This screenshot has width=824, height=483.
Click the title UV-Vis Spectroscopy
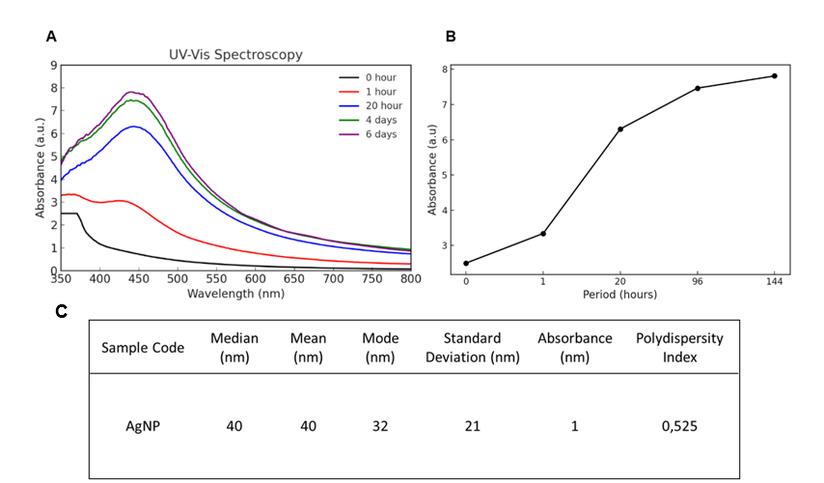click(x=235, y=55)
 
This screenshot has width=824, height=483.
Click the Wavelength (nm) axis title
click(x=235, y=292)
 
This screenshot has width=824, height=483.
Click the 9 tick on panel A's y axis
click(x=53, y=66)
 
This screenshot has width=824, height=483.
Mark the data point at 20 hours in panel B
click(x=620, y=128)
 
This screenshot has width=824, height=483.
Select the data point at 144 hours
click(x=775, y=75)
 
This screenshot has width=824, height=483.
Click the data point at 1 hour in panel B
click(x=543, y=234)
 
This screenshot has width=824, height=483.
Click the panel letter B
click(x=451, y=37)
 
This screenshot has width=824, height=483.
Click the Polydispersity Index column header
click(x=679, y=348)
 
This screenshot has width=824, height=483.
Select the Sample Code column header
click(x=143, y=348)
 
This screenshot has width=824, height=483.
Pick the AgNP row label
click(x=143, y=425)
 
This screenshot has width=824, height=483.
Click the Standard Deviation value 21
click(x=471, y=425)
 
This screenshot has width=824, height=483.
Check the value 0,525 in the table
click(x=679, y=425)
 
